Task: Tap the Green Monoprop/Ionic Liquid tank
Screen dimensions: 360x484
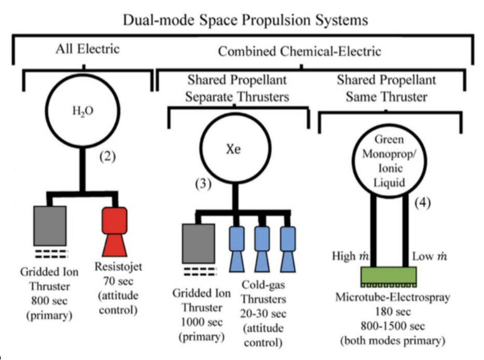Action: click(x=388, y=162)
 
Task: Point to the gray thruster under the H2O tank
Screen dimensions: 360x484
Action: click(x=49, y=225)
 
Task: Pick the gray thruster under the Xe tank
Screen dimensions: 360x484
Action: click(x=198, y=243)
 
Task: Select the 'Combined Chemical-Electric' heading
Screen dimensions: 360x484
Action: click(x=299, y=52)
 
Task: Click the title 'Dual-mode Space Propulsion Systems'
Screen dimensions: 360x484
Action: click(x=245, y=20)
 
